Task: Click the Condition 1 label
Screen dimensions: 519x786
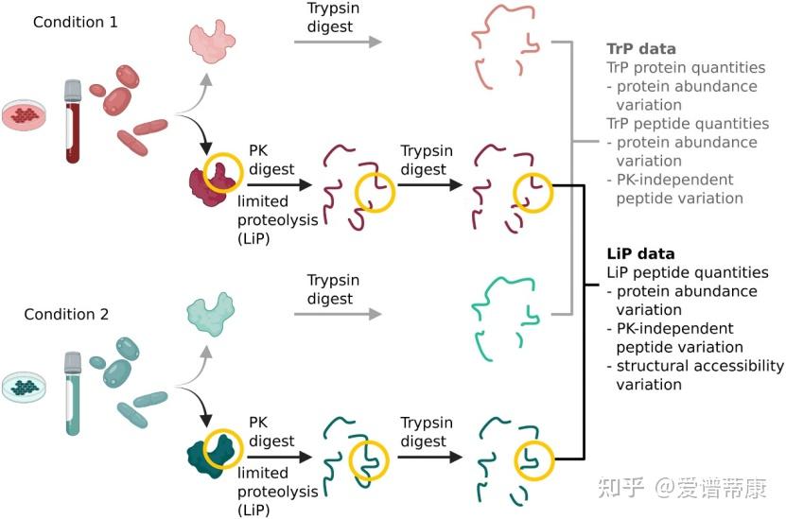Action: point(76,22)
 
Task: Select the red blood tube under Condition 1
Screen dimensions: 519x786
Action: point(73,122)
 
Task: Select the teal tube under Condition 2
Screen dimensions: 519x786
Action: point(73,392)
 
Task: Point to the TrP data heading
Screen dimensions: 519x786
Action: point(641,49)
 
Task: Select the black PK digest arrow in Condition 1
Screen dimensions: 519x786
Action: point(279,185)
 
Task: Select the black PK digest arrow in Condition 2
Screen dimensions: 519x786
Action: point(279,457)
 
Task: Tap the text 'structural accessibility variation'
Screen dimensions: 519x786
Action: point(695,375)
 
